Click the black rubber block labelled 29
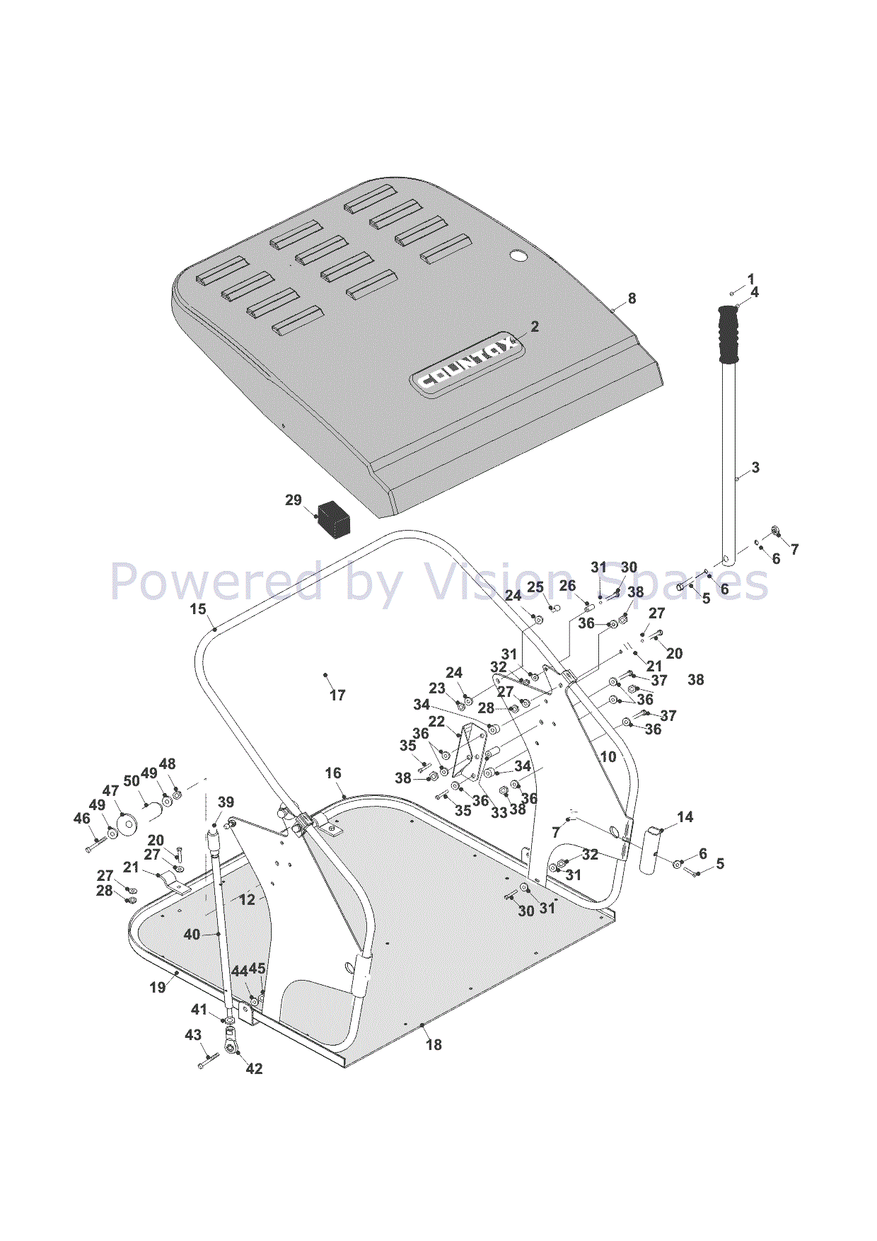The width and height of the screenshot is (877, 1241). point(335,519)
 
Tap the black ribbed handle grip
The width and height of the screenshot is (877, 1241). point(728,335)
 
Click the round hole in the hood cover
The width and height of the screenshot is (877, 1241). point(519,255)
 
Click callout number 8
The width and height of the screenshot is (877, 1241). point(632,299)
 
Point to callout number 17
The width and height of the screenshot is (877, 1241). point(337,695)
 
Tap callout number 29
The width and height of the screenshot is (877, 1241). point(293,500)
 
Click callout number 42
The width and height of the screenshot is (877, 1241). point(254,1068)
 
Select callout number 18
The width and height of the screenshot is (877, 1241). point(434,1044)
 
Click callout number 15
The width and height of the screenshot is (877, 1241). point(198,609)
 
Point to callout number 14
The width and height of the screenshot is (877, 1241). point(685,817)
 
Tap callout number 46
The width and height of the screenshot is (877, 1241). point(82,819)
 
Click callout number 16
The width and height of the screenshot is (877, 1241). point(333,773)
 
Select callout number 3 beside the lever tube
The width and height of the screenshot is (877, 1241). point(755,468)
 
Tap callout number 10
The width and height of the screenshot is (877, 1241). point(608,756)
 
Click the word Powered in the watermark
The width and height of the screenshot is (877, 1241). point(216,582)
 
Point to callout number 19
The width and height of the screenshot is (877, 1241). point(158,987)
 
